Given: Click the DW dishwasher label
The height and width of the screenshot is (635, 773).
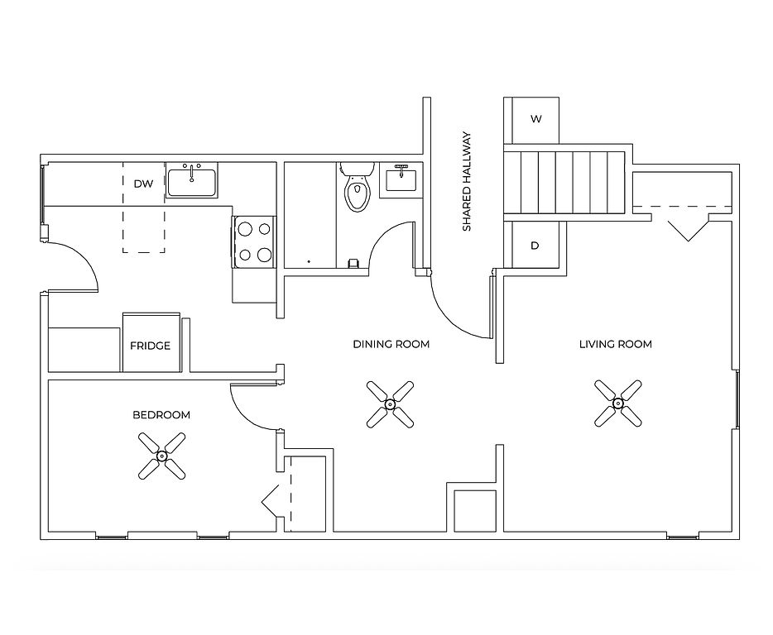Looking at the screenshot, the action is point(143,184).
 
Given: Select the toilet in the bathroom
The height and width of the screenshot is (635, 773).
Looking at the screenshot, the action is point(358,187).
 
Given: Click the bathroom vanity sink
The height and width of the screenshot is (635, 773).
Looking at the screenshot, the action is point(401,179).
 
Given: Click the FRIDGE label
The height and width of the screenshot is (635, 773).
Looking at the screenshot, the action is point(151,346).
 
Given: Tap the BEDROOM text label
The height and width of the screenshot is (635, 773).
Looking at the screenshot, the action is point(161,415).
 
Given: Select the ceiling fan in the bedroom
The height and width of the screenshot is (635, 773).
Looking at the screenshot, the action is point(161,456).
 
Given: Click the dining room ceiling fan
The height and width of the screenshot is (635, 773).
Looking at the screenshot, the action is point(390,404).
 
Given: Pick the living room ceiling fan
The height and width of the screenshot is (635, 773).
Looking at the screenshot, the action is point(617,403).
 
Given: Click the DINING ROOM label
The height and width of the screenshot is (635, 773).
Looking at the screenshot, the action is point(391,344).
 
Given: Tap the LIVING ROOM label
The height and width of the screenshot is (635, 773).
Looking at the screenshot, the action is point(615,344).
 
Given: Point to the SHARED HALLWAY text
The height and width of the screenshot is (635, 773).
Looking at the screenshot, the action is point(467,181).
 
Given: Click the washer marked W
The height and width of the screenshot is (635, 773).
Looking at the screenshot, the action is point(535,119).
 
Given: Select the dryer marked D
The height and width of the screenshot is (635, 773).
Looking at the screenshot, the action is point(535,246).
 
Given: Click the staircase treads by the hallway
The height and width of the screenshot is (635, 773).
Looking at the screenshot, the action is point(564,182).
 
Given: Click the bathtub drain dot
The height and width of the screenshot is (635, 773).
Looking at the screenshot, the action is point(309,261).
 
